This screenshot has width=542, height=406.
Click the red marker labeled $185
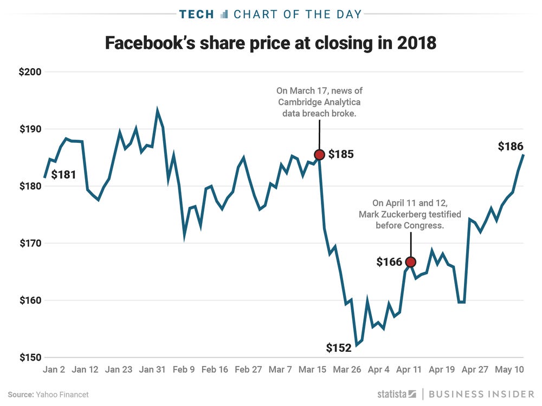[319, 155]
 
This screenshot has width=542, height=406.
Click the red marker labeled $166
[410, 262]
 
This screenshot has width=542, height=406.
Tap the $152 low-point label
[339, 348]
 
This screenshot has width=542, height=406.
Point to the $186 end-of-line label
[511, 146]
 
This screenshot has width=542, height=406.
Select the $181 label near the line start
[63, 174]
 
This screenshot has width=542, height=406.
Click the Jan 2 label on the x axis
[54, 370]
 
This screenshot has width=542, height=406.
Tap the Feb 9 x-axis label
[184, 370]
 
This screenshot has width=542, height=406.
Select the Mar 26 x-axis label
[347, 370]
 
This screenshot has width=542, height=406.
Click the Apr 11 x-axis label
[410, 370]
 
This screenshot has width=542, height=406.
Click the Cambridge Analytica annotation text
[319, 101]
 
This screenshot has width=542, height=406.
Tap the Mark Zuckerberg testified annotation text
[410, 214]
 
